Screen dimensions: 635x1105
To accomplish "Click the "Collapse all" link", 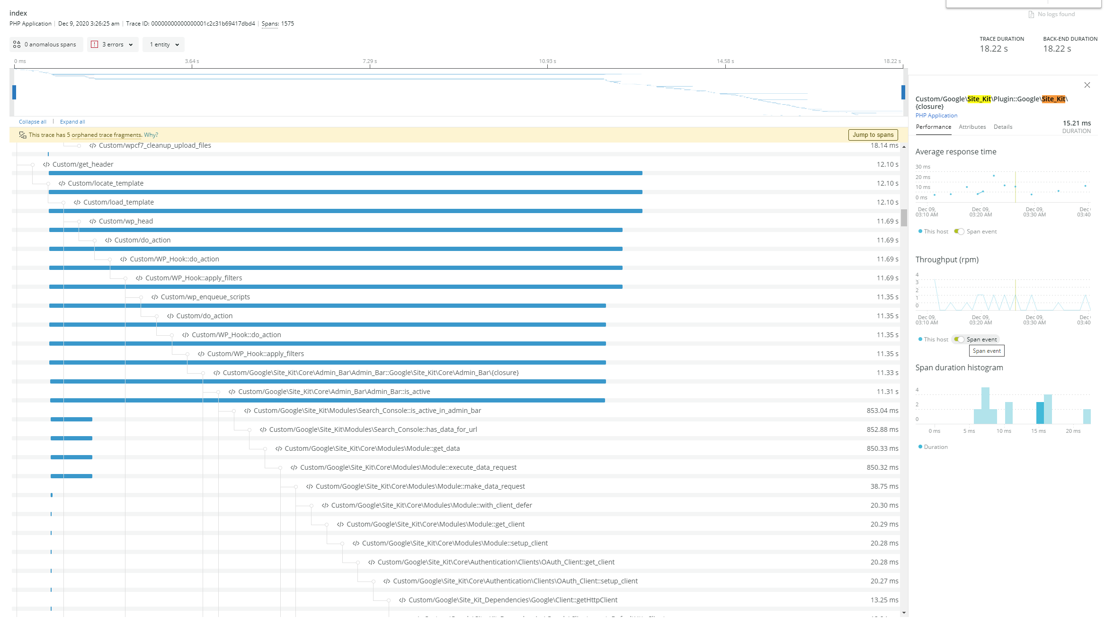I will click(x=33, y=122).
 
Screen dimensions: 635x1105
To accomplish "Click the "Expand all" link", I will click(x=72, y=122).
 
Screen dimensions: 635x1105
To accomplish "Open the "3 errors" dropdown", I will click(x=113, y=45).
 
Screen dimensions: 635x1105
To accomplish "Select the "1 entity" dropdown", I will click(x=163, y=45).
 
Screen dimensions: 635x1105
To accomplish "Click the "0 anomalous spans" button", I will click(x=46, y=45).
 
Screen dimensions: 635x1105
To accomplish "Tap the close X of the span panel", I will click(x=1087, y=85).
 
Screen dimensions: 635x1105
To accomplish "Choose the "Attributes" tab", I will click(x=972, y=127).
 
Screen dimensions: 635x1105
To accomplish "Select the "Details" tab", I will click(x=1003, y=127).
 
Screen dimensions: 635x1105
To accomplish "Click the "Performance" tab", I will click(x=933, y=127).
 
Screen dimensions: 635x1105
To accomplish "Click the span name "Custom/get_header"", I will click(x=83, y=164).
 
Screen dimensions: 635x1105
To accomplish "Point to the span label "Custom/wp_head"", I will click(x=125, y=221).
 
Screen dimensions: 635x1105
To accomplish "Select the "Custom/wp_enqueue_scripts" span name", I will click(x=205, y=297).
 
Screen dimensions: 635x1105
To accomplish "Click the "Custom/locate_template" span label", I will click(x=105, y=183).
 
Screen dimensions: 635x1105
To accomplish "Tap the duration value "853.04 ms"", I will click(x=882, y=411).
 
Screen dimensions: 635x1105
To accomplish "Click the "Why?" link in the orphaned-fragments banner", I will click(x=151, y=135).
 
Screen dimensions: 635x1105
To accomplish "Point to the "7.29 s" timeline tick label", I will click(x=370, y=61).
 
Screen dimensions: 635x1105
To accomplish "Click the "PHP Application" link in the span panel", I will click(x=936, y=116).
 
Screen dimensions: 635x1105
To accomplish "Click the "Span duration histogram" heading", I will click(x=959, y=367).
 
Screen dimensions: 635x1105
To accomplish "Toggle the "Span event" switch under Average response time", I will click(x=959, y=232).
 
